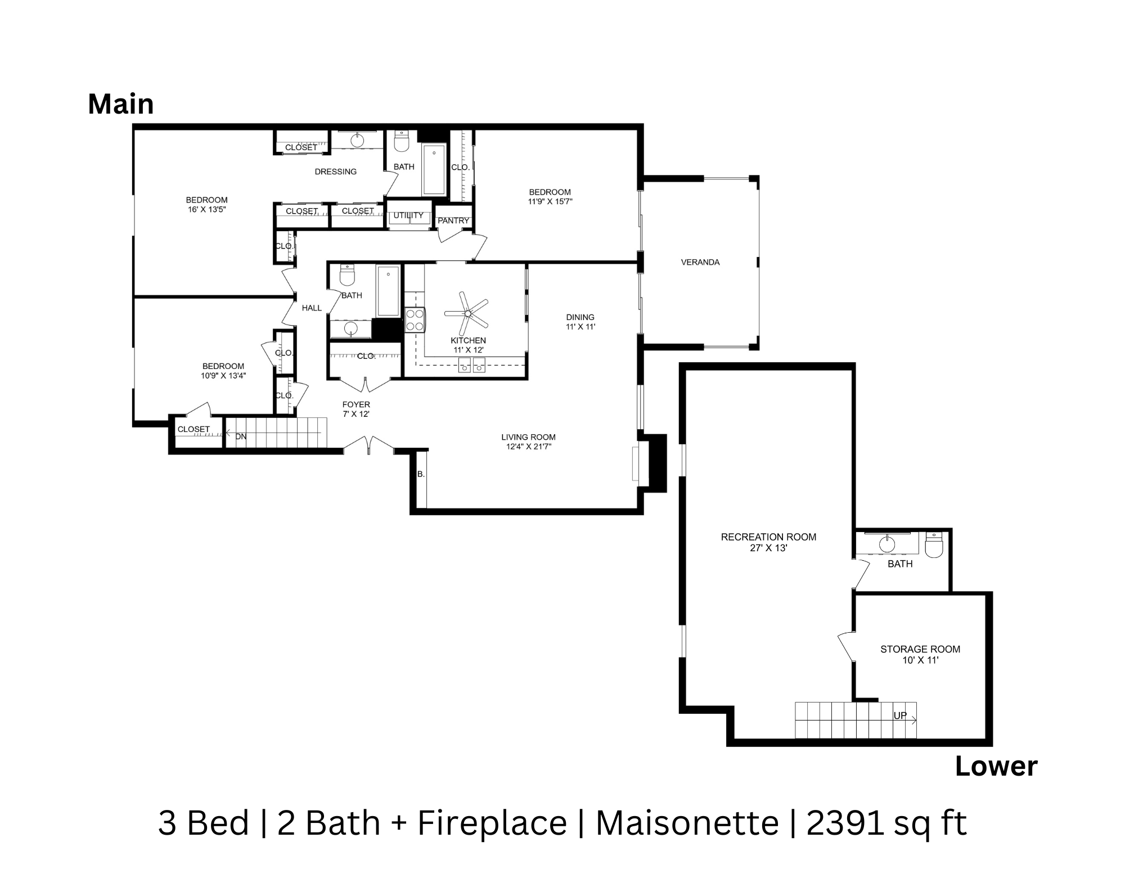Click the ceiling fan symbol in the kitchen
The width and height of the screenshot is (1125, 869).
point(467,313)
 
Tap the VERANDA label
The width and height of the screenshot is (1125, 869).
point(700,262)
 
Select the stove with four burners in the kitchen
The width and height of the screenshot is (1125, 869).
point(415,320)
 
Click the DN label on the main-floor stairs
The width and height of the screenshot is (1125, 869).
point(241,436)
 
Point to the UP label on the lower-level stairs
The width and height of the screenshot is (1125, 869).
point(900,715)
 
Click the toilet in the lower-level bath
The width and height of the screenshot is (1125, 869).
point(934,546)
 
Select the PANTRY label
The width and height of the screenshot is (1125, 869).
point(453,220)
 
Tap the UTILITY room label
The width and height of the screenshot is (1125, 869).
point(408,215)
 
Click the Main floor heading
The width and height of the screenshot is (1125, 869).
point(120,105)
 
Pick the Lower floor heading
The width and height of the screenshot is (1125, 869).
point(996,767)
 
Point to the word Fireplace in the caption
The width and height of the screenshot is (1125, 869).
point(492,823)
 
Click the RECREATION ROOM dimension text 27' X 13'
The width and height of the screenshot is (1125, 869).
point(768,548)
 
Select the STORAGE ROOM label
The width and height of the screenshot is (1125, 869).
point(920,649)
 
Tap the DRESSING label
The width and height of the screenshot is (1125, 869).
point(335,172)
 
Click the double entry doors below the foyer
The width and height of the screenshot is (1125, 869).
point(368,445)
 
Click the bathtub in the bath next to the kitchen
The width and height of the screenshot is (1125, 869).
point(388,291)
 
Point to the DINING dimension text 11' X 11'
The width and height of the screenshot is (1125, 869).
point(580,326)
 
